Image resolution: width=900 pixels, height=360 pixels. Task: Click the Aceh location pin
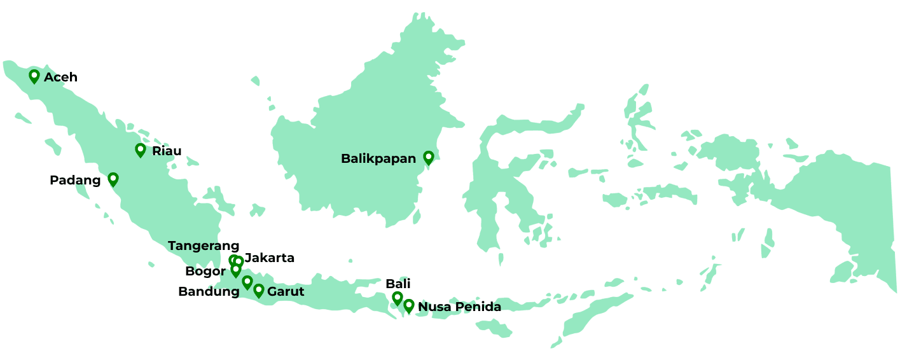click(34, 76)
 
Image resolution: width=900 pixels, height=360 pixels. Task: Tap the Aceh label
click(60, 77)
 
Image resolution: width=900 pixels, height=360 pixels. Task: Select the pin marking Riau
click(141, 150)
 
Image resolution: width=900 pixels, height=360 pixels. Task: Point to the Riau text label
click(167, 151)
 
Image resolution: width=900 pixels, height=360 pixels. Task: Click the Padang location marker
click(113, 179)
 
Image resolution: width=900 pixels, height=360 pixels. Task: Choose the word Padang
click(75, 181)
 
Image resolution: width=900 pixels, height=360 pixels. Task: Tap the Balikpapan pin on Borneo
click(429, 158)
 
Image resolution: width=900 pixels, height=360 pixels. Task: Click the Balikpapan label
click(378, 158)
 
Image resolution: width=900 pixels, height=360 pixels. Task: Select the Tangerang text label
click(204, 246)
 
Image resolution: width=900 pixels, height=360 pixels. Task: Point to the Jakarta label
click(270, 258)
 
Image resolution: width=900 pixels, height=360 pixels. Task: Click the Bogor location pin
click(236, 270)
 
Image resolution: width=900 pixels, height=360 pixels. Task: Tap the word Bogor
click(205, 272)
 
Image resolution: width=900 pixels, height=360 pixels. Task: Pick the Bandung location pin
click(247, 282)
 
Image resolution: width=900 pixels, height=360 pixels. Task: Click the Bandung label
click(209, 292)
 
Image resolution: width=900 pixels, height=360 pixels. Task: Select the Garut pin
click(259, 291)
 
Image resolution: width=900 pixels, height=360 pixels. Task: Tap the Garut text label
click(286, 292)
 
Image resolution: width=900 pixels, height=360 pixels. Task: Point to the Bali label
click(398, 284)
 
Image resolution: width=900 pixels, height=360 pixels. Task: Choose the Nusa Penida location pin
click(409, 306)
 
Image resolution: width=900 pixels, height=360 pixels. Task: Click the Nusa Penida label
click(459, 307)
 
